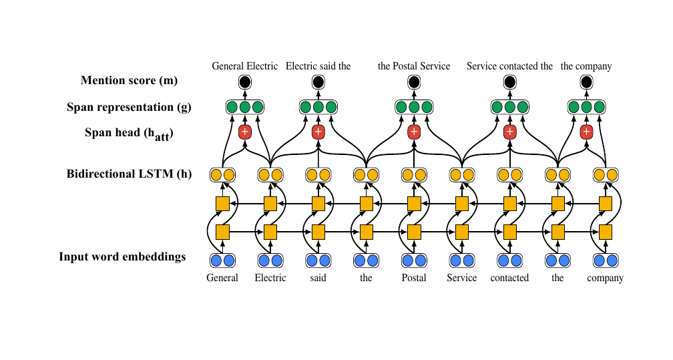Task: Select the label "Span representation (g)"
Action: [129, 107]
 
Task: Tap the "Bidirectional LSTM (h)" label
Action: [129, 175]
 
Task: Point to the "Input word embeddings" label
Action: [122, 256]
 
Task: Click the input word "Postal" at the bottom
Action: [414, 278]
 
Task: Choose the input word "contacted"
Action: [509, 278]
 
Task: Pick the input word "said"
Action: [318, 278]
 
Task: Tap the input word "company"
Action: [606, 278]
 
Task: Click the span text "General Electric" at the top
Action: [245, 66]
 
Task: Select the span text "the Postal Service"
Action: [414, 66]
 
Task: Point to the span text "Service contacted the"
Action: [509, 66]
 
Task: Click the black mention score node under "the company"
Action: [586, 82]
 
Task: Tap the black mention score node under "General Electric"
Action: [244, 82]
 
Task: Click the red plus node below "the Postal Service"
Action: [414, 132]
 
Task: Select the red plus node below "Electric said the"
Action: [318, 132]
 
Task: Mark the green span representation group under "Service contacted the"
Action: [509, 107]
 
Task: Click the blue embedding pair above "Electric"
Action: [270, 260]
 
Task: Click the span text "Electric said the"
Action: [318, 66]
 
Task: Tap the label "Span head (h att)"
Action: [129, 134]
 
